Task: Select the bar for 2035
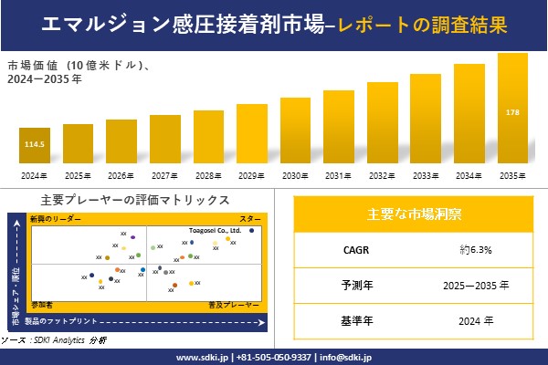coord(512,109)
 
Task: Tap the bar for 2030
coord(295,130)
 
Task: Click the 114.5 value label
coord(34,145)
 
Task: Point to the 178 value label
coord(512,112)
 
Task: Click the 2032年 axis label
coord(382,175)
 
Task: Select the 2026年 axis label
coord(121,175)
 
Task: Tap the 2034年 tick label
coord(469,175)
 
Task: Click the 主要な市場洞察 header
coord(414,214)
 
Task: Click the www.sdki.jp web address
coord(201,357)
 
